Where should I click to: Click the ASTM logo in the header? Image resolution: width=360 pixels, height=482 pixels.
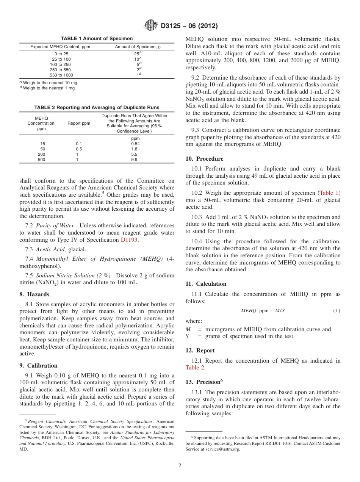tap(151, 26)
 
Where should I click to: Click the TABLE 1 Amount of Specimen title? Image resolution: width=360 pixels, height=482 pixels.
tap(97, 39)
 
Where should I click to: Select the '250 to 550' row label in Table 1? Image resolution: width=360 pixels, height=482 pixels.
tap(61, 70)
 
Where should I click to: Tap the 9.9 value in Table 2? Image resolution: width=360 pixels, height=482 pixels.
tap(134, 160)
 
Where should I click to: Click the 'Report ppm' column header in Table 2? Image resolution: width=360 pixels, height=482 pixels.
tap(79, 123)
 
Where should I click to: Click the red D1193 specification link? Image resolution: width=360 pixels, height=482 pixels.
tap(129, 240)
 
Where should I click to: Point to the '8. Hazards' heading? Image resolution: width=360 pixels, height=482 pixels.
tap(34, 294)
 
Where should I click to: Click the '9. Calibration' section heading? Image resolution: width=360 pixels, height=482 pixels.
tap(38, 366)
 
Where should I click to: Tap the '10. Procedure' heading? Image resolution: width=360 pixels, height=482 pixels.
tap(204, 159)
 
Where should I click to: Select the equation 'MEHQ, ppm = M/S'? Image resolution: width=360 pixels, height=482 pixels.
tap(263, 311)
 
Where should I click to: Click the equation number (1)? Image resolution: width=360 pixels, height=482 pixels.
tap(337, 311)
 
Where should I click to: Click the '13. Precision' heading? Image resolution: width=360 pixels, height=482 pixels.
tap(204, 382)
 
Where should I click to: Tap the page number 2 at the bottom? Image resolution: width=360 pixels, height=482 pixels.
tap(180, 466)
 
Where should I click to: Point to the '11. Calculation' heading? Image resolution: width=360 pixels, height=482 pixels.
tap(206, 284)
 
